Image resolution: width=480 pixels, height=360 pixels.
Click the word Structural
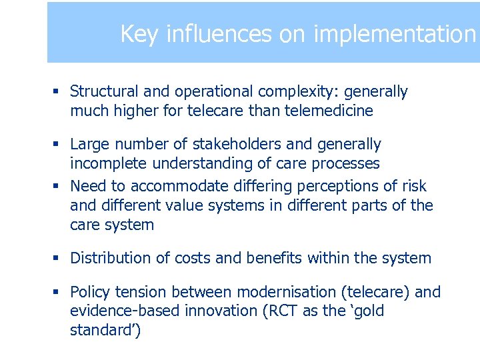tap(102, 91)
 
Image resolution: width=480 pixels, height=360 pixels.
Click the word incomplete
tap(106, 163)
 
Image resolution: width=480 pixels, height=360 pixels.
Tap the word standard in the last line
tap(101, 331)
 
